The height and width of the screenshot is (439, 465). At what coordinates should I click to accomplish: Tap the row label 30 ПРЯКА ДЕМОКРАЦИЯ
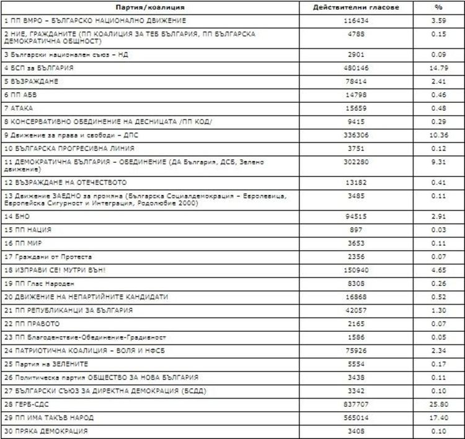tap(45, 431)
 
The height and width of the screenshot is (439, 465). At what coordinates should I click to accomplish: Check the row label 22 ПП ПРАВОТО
tap(32, 324)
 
